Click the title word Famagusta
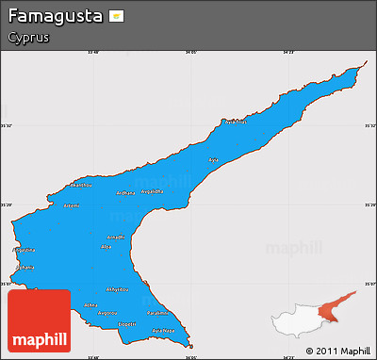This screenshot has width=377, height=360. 55,17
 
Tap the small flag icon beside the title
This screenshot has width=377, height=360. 116,17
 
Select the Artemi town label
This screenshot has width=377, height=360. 71,205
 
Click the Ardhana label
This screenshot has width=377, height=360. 125,193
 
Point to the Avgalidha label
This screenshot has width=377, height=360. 152,191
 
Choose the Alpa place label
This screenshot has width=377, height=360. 106,247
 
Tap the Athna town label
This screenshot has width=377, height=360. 90,305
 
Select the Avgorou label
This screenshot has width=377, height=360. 107,313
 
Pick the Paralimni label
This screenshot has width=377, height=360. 157,313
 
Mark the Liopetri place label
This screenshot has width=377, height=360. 127,323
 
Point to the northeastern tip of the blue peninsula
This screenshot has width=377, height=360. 363,67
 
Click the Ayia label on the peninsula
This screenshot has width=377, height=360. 212,160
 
